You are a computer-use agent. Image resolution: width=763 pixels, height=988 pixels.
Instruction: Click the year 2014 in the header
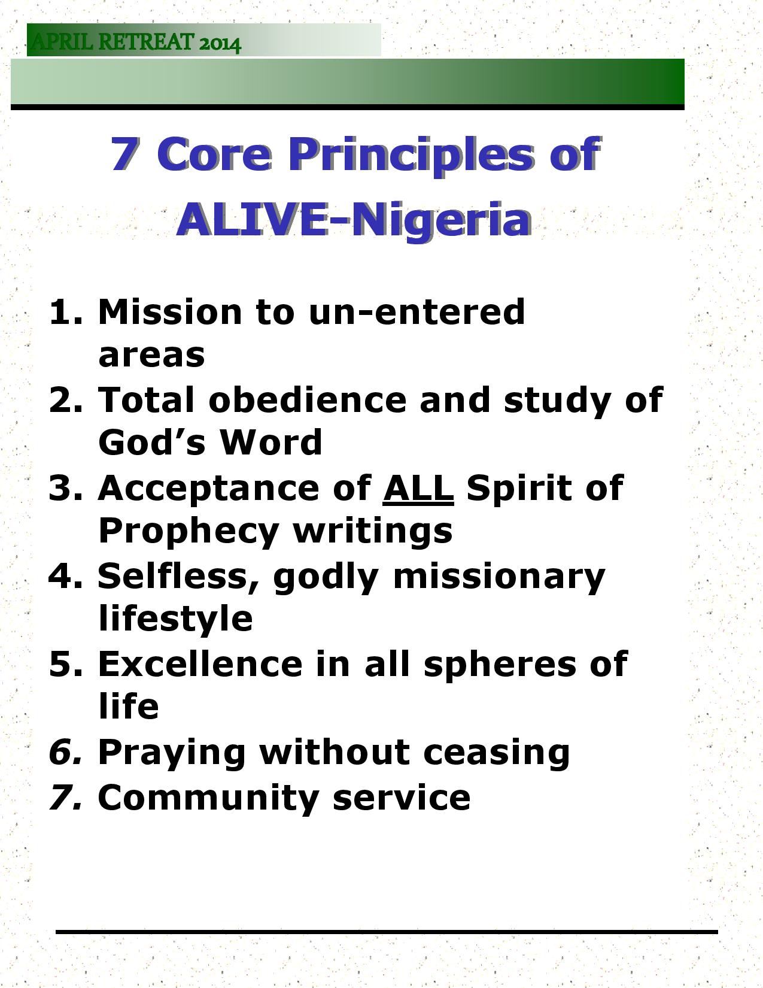pos(220,44)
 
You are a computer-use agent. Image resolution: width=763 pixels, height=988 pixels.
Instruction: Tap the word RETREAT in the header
pos(146,42)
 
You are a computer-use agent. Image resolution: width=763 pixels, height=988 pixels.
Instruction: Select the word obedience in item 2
pos(308,399)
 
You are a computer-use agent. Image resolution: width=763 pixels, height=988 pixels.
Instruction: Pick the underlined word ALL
pos(418,487)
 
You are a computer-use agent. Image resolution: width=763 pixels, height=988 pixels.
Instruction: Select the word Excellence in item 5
pos(200,664)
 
